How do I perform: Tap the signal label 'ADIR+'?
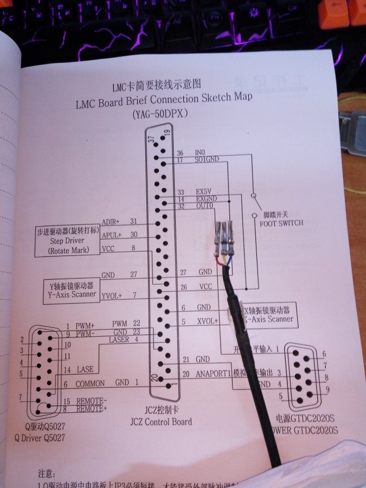[111, 222]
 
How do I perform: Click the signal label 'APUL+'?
[111, 235]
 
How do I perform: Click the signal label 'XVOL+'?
[207, 321]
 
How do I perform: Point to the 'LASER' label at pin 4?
[119, 340]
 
